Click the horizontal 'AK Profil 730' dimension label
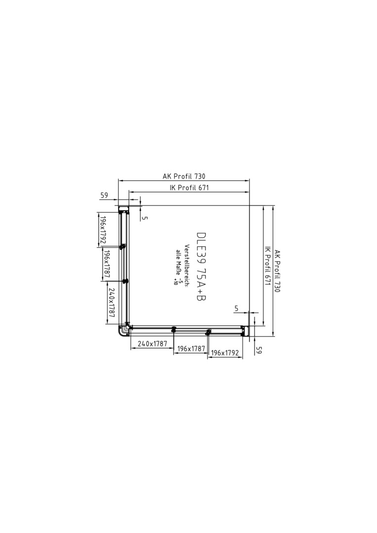click(x=184, y=176)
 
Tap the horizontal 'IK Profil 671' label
click(x=189, y=188)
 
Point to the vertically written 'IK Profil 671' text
click(x=267, y=266)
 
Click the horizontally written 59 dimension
click(x=104, y=195)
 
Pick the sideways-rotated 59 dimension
click(x=258, y=350)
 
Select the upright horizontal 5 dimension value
click(x=237, y=308)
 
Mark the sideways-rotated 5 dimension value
click(x=145, y=218)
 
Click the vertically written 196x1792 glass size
click(x=102, y=231)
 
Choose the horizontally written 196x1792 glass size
click(x=225, y=353)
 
